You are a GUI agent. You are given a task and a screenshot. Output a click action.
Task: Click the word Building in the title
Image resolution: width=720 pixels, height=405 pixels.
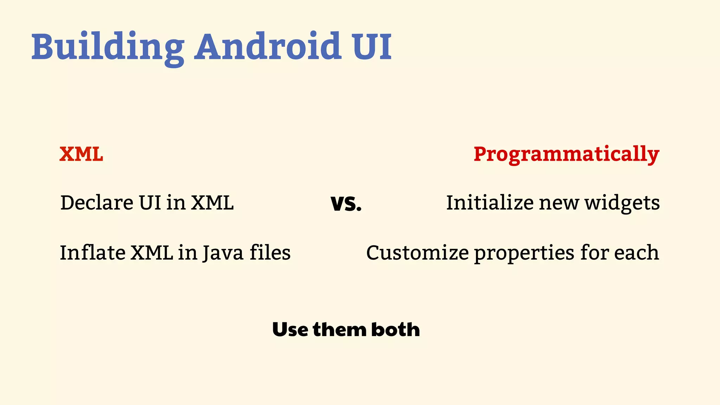coord(108,47)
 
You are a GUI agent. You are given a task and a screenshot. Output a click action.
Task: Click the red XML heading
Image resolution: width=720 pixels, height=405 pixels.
coord(81,154)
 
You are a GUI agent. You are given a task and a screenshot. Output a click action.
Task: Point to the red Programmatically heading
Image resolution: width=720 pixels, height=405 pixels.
coord(566,155)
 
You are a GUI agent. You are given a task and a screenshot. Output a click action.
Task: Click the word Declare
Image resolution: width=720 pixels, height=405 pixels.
coord(97,203)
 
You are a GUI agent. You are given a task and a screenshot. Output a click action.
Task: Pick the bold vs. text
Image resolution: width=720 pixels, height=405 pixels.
coord(346,204)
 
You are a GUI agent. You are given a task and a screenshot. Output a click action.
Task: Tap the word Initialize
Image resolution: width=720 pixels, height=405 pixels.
coord(490,203)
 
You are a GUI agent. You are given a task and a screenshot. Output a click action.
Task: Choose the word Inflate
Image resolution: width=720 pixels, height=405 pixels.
coord(92,253)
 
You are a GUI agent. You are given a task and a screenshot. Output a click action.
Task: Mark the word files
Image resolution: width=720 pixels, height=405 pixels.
coord(270,253)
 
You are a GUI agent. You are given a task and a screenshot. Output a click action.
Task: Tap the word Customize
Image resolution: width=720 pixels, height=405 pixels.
coord(417,253)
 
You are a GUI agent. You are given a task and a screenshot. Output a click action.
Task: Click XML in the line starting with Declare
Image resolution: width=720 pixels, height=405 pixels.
coord(212,203)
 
